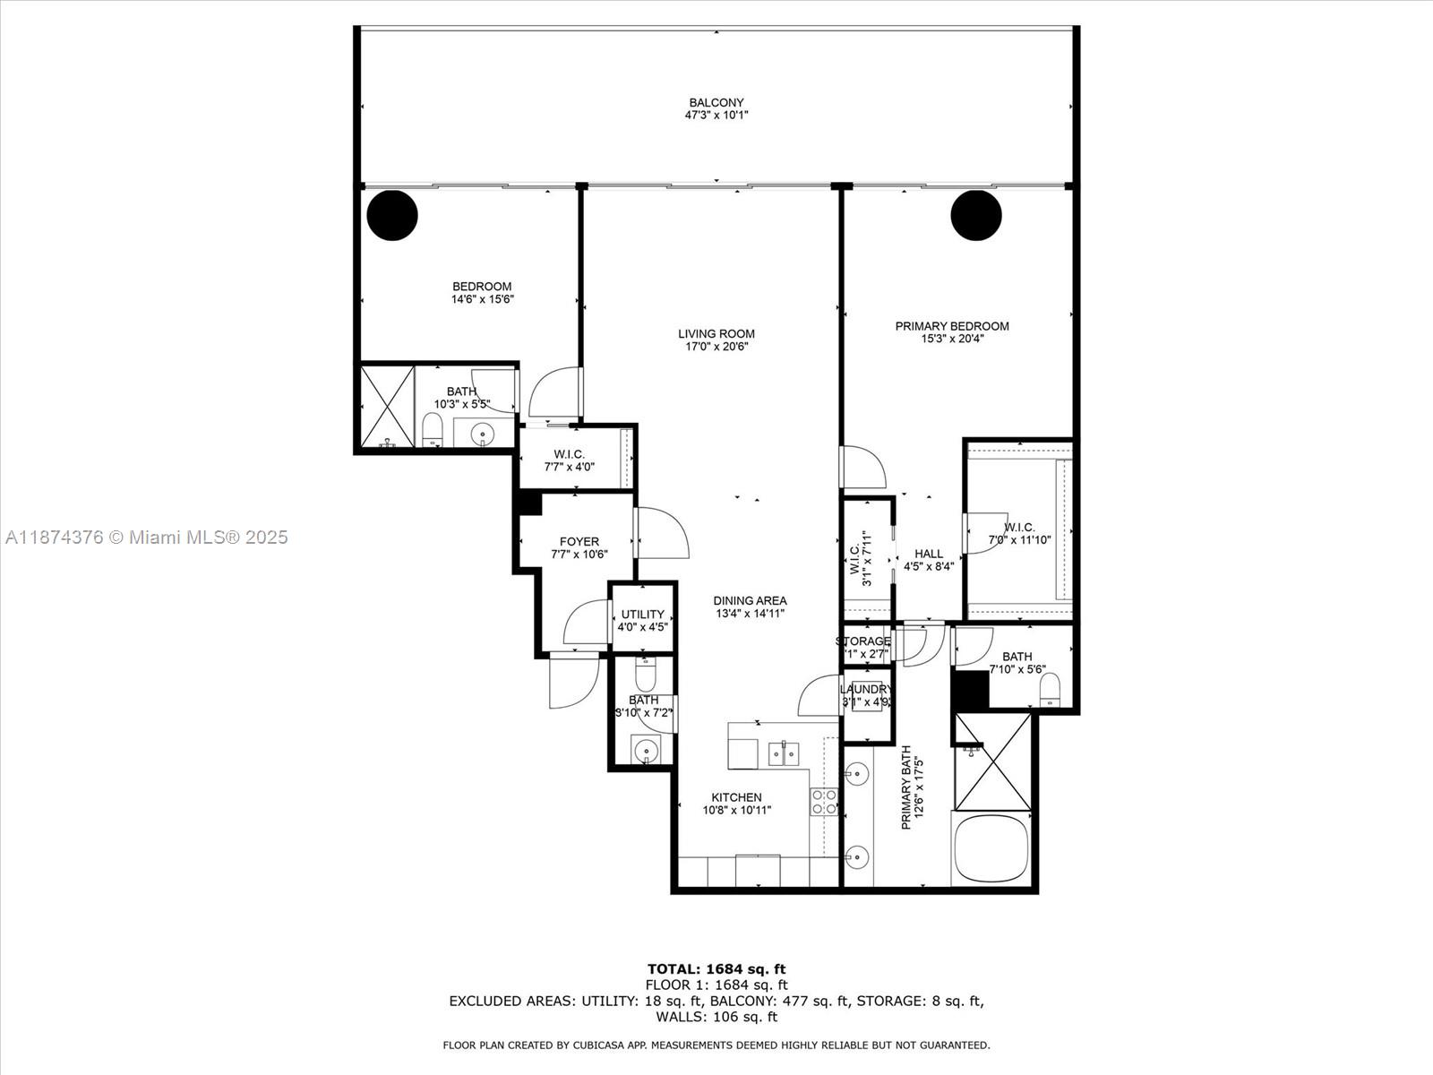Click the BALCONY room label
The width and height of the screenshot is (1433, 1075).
coord(716,103)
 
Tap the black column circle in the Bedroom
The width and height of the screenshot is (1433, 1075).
coord(392,215)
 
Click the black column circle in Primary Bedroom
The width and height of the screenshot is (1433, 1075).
coord(975,215)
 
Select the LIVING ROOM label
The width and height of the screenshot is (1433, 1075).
coord(716,334)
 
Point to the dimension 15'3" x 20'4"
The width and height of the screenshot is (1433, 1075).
coord(952,339)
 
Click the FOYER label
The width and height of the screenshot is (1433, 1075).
coord(579,541)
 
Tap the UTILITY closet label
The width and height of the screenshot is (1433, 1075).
coord(642,615)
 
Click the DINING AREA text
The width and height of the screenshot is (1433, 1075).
coord(750,601)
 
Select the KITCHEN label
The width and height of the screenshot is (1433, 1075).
coord(736,797)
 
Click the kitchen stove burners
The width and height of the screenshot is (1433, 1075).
coord(824,801)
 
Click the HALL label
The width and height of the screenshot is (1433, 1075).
coord(929,554)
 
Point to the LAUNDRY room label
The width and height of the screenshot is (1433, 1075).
coord(865,689)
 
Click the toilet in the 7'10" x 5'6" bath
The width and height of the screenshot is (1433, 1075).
coord(1049,690)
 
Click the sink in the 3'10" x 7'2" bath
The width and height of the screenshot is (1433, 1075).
coord(645,751)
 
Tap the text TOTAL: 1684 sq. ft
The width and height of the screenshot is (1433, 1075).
coord(716,968)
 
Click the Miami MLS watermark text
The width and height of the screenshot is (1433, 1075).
coord(147,537)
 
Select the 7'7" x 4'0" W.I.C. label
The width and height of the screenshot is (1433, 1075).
coord(569,454)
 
